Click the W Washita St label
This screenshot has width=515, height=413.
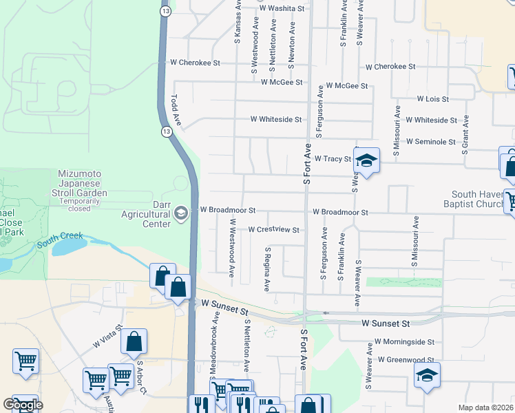pyautogui.click(x=281, y=8)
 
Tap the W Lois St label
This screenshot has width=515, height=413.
pyautogui.click(x=432, y=99)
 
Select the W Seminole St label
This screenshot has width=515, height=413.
pyautogui.click(x=430, y=142)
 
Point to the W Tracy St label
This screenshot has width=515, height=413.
pyautogui.click(x=333, y=158)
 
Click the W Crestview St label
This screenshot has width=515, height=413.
pyautogui.click(x=273, y=230)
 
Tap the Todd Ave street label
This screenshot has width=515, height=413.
pyautogui.click(x=176, y=110)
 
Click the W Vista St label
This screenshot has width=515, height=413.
pyautogui.click(x=108, y=337)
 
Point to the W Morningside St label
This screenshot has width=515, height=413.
pyautogui.click(x=404, y=341)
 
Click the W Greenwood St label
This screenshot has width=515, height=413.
pyautogui.click(x=406, y=359)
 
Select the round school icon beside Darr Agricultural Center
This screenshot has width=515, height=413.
pyautogui.click(x=180, y=213)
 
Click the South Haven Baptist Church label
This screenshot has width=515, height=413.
pyautogui.click(x=479, y=200)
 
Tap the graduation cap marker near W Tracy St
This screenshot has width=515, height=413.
pyautogui.click(x=367, y=161)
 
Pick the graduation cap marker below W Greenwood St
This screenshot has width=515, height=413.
pyautogui.click(x=426, y=375)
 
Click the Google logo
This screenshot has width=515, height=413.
pyautogui.click(x=23, y=405)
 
